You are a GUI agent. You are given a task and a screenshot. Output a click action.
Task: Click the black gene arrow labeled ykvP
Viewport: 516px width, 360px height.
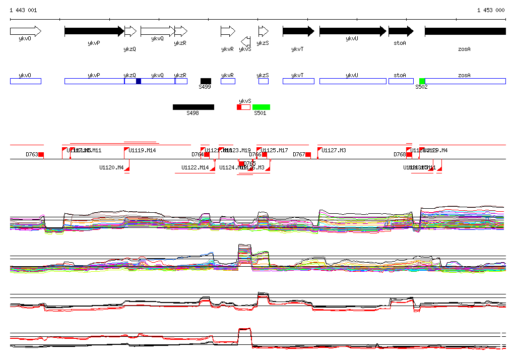94,31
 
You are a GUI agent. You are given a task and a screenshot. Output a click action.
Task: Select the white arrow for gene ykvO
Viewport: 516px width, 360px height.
25,31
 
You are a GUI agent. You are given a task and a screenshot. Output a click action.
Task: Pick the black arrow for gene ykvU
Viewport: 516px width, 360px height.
352,31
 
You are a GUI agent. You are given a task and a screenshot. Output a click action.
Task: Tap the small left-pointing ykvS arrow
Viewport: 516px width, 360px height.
245,40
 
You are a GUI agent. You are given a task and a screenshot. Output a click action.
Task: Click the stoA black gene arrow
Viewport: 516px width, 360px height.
401,31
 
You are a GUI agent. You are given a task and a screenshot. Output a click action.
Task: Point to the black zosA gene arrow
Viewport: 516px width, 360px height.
465,31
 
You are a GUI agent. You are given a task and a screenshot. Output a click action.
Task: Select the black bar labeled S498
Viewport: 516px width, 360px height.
193,107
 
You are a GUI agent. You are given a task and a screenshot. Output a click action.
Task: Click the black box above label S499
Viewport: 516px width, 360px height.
206,81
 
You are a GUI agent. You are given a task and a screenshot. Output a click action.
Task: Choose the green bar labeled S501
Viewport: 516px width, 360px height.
261,107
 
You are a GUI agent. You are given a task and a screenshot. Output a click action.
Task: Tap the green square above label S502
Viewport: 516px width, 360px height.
422,81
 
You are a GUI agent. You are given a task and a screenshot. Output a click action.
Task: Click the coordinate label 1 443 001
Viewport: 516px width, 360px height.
23,10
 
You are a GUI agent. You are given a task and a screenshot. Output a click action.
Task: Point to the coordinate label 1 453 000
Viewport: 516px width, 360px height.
490,10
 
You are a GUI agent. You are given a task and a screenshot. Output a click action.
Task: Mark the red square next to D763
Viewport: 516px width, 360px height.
41,154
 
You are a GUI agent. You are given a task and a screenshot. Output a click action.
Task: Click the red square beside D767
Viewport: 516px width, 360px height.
308,154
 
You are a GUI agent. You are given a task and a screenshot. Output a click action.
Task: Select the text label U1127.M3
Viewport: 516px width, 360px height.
334,150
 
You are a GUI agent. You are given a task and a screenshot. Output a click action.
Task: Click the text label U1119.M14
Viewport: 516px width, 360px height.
142,150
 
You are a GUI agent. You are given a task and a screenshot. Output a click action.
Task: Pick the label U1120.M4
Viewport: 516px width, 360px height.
111,167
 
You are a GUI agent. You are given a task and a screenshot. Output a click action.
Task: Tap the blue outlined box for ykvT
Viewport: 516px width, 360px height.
298,81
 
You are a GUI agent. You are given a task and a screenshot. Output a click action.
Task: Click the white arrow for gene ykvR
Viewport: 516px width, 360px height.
228,31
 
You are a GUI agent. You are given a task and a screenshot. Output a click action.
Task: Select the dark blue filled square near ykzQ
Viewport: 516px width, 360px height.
139,81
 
